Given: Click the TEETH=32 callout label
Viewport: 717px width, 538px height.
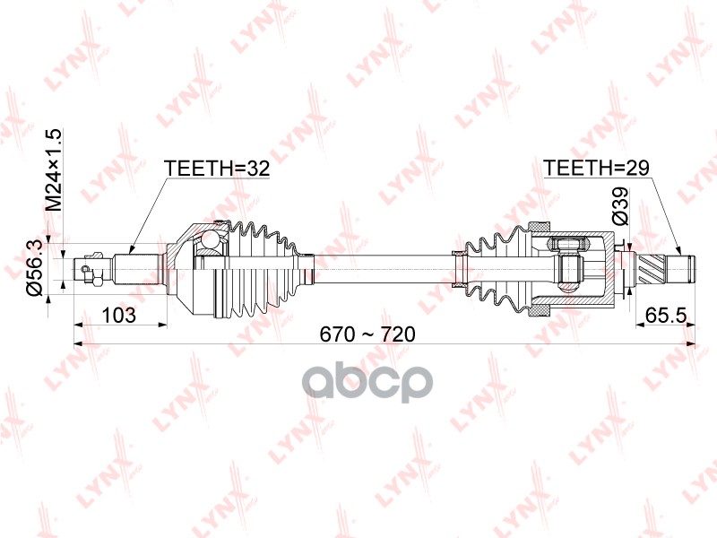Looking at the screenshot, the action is point(217,169).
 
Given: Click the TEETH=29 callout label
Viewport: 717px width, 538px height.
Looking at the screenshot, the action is point(596,168).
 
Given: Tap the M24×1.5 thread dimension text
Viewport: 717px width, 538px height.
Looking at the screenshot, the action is point(54,169).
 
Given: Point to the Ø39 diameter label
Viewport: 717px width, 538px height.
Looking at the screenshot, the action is point(620,206).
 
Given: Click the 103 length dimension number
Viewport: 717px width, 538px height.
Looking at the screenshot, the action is point(119,315).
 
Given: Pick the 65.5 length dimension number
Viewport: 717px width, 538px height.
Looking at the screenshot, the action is point(666,315).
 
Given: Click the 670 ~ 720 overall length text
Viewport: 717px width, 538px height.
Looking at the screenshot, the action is point(367,334).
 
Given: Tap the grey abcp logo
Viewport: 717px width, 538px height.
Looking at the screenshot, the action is point(367,382).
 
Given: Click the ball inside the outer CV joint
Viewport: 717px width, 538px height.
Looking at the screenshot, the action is point(211,239).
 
